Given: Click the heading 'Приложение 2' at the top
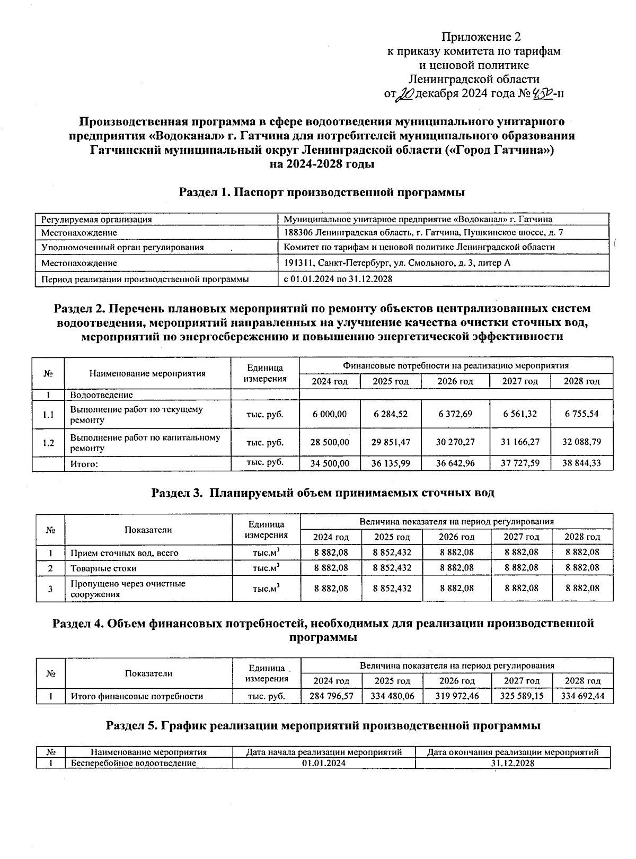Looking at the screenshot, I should click(481, 37).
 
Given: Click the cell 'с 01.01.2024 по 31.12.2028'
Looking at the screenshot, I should click(338, 279).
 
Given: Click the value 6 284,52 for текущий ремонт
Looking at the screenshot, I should click(390, 414).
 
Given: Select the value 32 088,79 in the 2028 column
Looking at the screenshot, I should click(581, 442).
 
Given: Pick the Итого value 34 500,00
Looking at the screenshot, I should click(329, 463).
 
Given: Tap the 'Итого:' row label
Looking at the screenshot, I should click(85, 464).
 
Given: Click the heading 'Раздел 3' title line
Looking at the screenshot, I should click(322, 493).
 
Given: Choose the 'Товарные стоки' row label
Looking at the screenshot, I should click(103, 568).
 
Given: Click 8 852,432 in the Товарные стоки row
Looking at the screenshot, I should click(392, 567).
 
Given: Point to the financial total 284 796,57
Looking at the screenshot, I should click(331, 696).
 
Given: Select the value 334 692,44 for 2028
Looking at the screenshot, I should click(582, 696).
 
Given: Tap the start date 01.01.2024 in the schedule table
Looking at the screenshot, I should click(323, 763).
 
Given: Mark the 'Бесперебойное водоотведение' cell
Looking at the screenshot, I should click(133, 763).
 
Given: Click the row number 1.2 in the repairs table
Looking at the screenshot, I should click(48, 442).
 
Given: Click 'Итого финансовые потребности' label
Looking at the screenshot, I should click(137, 696).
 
